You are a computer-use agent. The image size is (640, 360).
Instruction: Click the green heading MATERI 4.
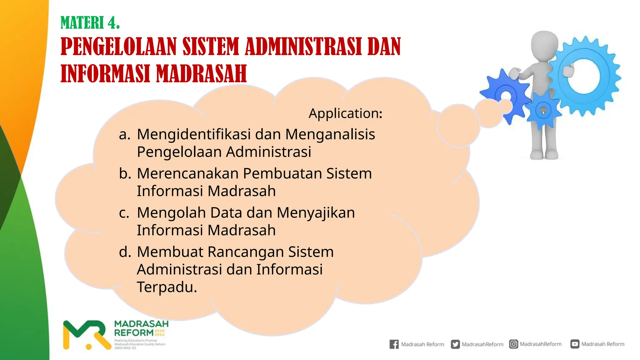[90, 23]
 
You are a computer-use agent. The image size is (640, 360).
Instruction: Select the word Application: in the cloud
[345, 113]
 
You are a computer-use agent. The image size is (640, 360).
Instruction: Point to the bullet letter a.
[124, 134]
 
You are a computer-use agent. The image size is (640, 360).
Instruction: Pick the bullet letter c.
[124, 213]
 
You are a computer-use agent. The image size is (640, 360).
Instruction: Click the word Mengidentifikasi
[194, 134]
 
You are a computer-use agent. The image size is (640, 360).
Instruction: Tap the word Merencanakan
[187, 173]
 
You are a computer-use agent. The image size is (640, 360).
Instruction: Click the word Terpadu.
[167, 287]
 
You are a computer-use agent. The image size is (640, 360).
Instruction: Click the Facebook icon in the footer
[394, 344]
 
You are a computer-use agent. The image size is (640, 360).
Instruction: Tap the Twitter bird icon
[455, 344]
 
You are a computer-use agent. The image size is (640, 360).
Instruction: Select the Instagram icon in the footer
[513, 344]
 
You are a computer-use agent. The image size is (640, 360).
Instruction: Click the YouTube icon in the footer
[575, 344]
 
